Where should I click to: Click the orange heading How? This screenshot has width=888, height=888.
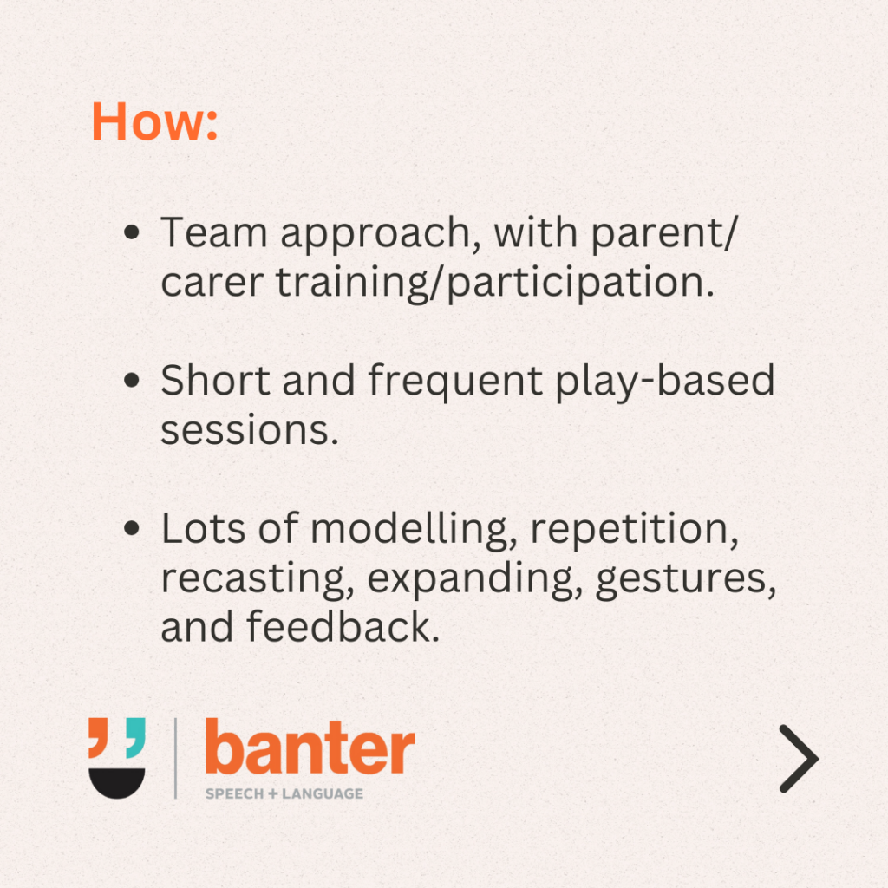[x=154, y=121]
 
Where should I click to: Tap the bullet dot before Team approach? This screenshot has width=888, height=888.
[x=132, y=232]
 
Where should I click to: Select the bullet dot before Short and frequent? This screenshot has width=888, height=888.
[x=132, y=380]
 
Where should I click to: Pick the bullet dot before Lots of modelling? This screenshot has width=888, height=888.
[x=132, y=528]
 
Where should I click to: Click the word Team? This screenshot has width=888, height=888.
[x=214, y=232]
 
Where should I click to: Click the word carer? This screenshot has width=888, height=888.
[x=212, y=283]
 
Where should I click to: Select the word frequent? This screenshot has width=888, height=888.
[x=456, y=383]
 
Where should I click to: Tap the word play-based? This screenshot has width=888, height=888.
[x=665, y=382]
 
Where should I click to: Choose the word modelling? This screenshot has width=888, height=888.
[x=414, y=532]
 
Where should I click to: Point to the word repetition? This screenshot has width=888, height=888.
[x=634, y=532]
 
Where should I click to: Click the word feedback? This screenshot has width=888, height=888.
[x=343, y=626]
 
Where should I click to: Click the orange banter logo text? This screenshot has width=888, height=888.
[x=310, y=747]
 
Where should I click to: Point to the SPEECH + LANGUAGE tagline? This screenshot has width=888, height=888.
[x=284, y=794]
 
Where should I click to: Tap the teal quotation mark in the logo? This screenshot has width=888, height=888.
[x=135, y=737]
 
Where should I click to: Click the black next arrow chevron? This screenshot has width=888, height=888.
[x=799, y=758]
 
